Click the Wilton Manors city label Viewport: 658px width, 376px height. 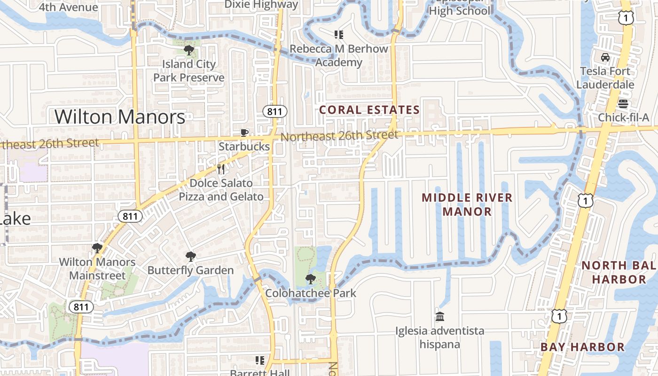120,117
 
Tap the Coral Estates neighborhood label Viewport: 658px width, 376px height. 369,110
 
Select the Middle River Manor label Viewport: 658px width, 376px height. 467,204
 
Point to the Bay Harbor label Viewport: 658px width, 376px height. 582,347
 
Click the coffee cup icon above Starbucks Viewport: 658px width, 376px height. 244,133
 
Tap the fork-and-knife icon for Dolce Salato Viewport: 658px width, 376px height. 221,169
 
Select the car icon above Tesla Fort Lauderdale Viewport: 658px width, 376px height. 605,57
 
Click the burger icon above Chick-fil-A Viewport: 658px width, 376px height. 623,103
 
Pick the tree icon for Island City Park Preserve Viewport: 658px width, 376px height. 189,50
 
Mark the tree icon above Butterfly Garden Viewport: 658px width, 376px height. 190,257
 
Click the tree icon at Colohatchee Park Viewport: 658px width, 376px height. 310,279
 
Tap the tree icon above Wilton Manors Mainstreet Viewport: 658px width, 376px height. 97,248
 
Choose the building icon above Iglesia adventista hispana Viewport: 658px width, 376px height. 440,317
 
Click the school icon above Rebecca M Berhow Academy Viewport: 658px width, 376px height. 339,35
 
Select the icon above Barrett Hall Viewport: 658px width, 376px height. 259,360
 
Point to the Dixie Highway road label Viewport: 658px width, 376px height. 261,5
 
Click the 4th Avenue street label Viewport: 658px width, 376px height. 69,7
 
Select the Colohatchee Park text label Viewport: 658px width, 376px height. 311,293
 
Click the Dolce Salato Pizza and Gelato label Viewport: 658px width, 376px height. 221,190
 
